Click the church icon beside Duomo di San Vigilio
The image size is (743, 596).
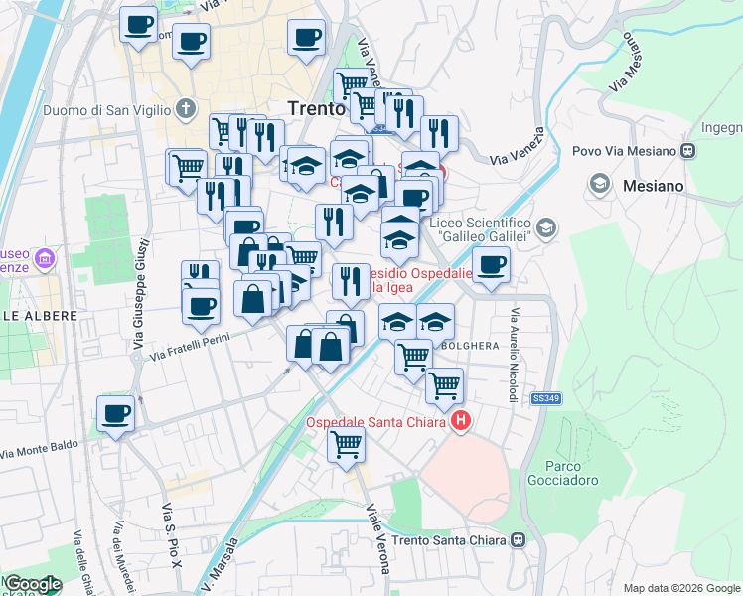pos(186,107)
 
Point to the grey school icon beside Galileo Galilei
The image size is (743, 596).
pos(545,229)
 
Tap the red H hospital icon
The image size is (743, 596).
pos(461,423)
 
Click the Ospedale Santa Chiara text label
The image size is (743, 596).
pos(376,423)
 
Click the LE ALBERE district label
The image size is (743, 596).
pos(39,315)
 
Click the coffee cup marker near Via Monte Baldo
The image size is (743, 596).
pos(115,414)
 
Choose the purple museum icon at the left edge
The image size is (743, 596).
pos(44,260)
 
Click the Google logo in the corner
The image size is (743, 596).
pos(32,585)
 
